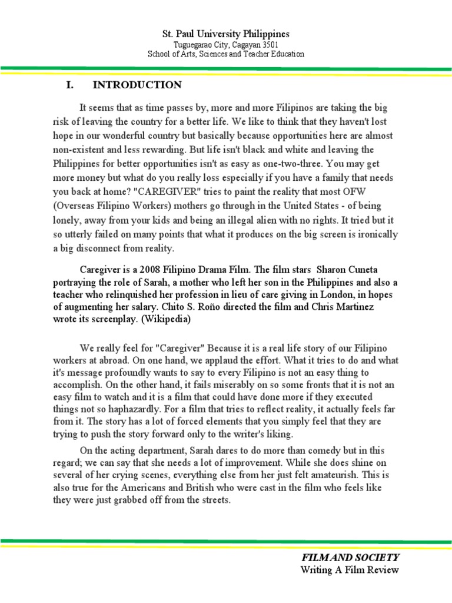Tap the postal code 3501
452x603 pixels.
[x=269, y=45]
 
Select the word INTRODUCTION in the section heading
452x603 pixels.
[x=137, y=85]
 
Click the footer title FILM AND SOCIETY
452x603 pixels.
[x=350, y=557]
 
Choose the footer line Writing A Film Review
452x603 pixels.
[x=350, y=569]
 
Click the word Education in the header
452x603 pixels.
[x=285, y=54]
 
